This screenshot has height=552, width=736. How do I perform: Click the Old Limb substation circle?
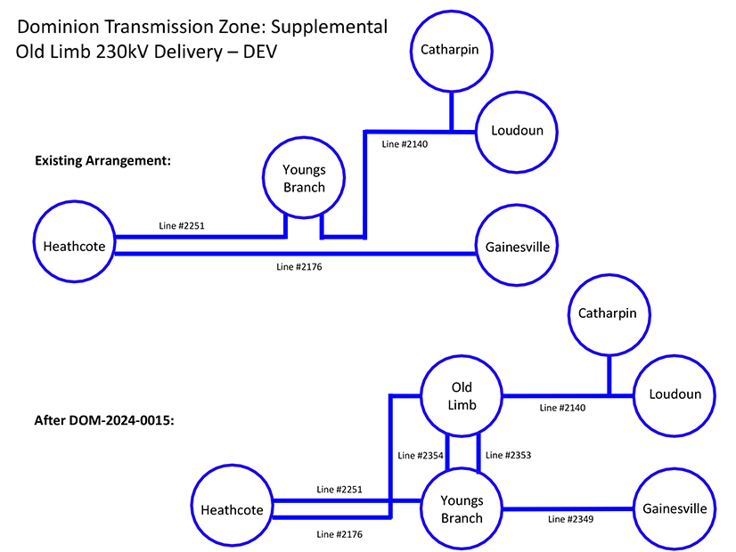click(x=462, y=396)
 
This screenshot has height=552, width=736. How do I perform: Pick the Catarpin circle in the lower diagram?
click(x=608, y=313)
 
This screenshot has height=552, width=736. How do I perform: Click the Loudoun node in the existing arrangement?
click(x=518, y=130)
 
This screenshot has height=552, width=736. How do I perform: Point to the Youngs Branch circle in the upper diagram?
click(x=304, y=178)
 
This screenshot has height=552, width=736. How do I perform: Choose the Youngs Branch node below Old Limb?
click(x=462, y=510)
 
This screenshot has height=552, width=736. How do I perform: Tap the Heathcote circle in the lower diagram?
click(x=232, y=510)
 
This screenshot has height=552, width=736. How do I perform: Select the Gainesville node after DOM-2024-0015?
click(x=675, y=509)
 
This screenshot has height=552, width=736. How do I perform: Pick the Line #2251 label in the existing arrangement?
click(x=183, y=226)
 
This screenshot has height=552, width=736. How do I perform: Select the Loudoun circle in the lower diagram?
click(x=675, y=394)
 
